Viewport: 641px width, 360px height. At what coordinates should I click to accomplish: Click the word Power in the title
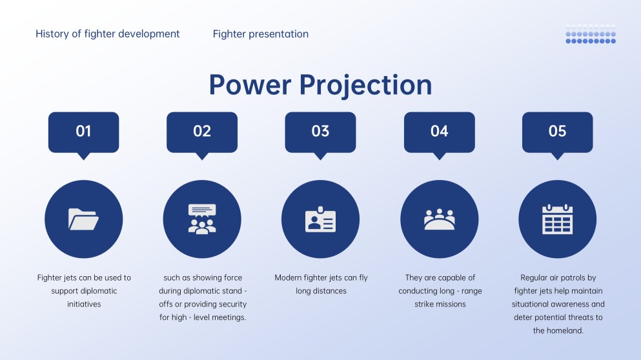pos(249,85)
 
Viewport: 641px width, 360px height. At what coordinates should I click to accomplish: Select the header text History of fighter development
pos(108,34)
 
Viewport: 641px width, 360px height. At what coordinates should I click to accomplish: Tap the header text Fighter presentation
pos(260,34)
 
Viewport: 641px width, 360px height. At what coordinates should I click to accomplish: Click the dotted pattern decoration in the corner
pos(591,34)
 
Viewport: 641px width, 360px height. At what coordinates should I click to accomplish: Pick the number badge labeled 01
pos(83,132)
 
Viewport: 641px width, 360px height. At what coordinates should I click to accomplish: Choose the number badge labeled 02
pos(202,132)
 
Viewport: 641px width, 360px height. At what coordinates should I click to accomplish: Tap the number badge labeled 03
pos(320,132)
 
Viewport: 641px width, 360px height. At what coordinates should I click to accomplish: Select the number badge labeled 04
pos(439,132)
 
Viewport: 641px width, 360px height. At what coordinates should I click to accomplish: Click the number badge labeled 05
pos(557,132)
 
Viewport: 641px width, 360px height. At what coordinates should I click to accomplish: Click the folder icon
pos(83,219)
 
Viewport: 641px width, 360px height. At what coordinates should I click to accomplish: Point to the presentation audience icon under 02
pos(202,219)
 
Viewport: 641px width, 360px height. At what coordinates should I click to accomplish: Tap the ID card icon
pos(320,219)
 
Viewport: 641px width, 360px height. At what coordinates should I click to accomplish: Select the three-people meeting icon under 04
pos(439,219)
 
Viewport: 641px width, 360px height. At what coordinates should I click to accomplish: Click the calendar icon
pos(557,219)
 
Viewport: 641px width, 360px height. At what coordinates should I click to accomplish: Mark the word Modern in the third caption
pos(288,278)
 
